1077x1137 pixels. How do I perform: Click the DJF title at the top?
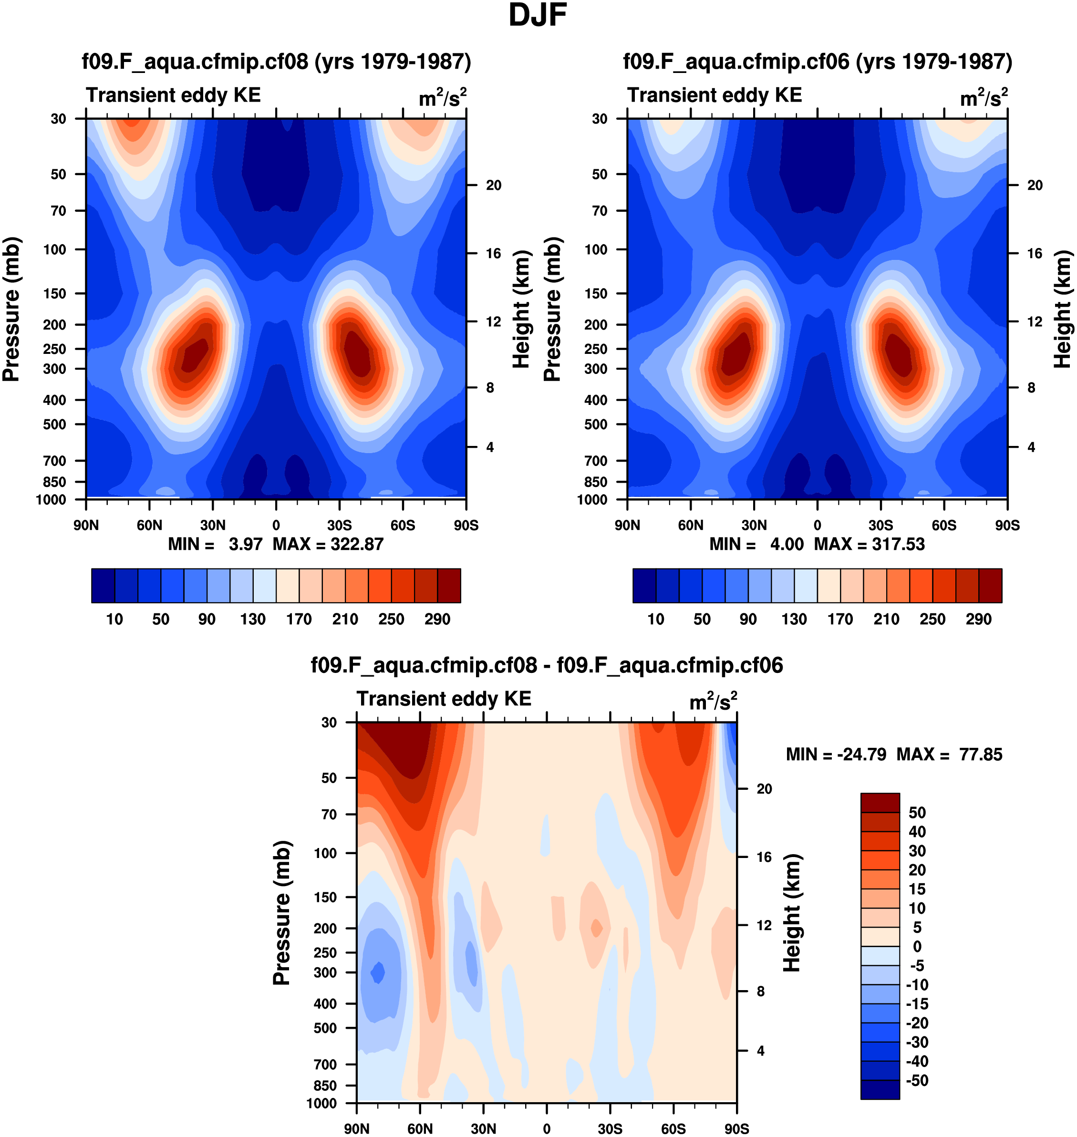(x=538, y=15)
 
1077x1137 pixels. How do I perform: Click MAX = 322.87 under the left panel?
(x=328, y=544)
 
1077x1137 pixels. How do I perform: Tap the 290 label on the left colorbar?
(x=437, y=620)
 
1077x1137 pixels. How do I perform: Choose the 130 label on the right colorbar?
(x=794, y=620)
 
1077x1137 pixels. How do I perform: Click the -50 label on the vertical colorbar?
(x=917, y=1081)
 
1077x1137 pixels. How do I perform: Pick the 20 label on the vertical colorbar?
(x=917, y=870)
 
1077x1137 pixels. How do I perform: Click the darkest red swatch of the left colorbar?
(x=449, y=586)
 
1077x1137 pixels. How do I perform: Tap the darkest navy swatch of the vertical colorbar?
(x=880, y=1089)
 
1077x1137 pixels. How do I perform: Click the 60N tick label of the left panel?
(x=149, y=525)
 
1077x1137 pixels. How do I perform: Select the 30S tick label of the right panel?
(x=880, y=525)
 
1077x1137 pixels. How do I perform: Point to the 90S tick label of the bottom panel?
(x=736, y=1129)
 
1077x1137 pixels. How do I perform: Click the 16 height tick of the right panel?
(x=1035, y=253)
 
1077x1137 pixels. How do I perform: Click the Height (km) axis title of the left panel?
(x=521, y=310)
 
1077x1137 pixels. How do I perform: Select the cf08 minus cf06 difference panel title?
(x=547, y=665)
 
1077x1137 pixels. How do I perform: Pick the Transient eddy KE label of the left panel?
(x=173, y=95)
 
